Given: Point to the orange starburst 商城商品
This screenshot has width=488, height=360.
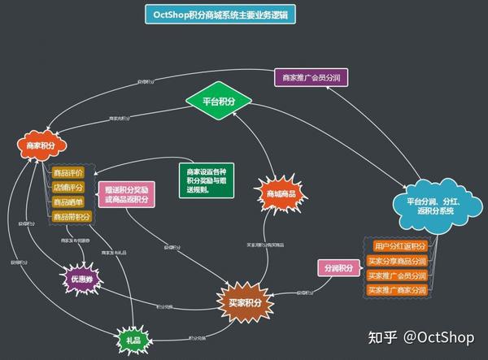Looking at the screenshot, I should pyautogui.click(x=281, y=194).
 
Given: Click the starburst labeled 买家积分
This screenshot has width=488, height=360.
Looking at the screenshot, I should pyautogui.click(x=241, y=302).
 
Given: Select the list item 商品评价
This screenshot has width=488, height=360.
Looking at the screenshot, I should pyautogui.click(x=68, y=172).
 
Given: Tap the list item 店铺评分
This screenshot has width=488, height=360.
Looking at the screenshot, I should pyautogui.click(x=68, y=188).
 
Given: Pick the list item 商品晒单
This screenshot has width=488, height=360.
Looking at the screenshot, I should pyautogui.click(x=68, y=202).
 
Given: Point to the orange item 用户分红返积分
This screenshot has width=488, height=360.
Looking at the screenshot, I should pyautogui.click(x=399, y=246).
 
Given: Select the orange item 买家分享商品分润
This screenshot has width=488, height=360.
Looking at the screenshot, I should pyautogui.click(x=396, y=261).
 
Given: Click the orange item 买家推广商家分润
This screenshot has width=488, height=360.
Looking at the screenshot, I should pyautogui.click(x=396, y=289).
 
